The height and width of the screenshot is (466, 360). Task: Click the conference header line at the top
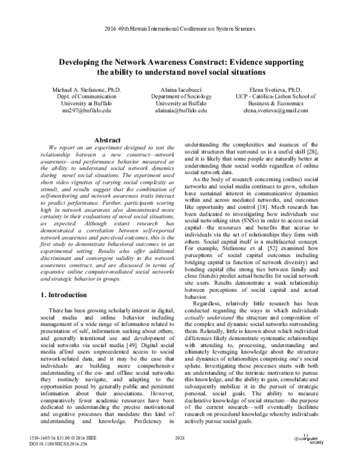(179, 28)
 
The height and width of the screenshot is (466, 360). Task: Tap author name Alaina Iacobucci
(181, 88)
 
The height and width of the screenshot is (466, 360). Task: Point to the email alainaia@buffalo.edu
(181, 111)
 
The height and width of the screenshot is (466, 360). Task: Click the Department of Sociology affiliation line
(181, 96)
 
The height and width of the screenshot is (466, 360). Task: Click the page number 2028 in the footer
(179, 440)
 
